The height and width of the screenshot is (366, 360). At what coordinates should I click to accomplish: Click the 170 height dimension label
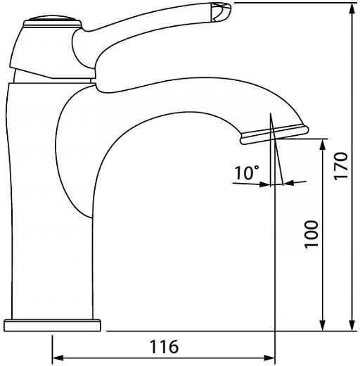click(340, 166)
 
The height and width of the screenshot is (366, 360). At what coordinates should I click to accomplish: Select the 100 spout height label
click(311, 234)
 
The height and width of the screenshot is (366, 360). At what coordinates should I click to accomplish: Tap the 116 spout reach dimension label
click(164, 346)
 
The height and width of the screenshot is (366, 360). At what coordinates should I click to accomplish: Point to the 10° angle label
click(247, 172)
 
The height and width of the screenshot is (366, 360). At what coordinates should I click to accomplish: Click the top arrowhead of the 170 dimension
click(352, 8)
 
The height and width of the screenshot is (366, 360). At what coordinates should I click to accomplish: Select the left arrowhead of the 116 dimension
click(58, 358)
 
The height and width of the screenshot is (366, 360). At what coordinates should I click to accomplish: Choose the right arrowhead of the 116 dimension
click(269, 358)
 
